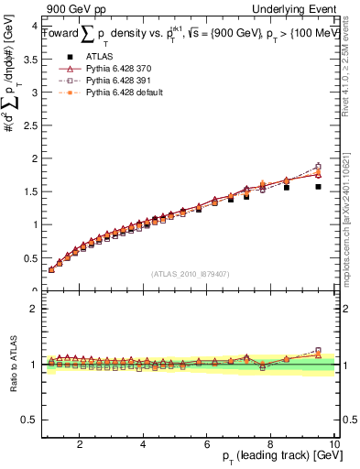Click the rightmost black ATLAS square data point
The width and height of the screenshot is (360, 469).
318,187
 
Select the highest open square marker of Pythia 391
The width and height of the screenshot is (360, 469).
318,167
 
